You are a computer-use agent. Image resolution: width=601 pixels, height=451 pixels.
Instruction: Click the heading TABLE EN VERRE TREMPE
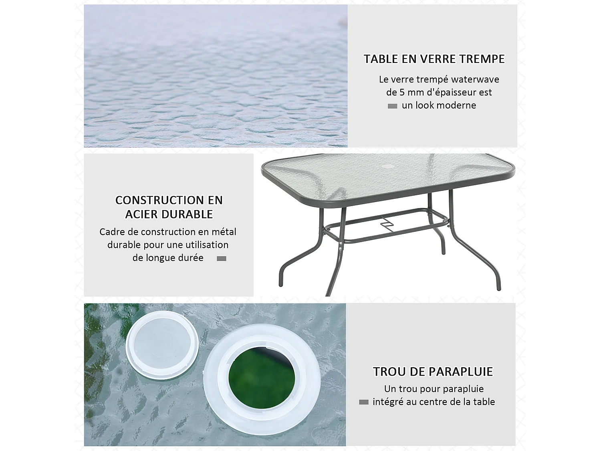pos(434,59)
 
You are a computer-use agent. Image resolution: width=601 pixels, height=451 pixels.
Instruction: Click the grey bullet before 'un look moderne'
pos(393,106)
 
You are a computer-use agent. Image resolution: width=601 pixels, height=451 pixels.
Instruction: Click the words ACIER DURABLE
pos(169,214)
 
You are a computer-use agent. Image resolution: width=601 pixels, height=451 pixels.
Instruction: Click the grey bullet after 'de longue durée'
pos(222,259)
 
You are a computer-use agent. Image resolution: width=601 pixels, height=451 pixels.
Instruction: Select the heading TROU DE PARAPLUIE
pos(433,372)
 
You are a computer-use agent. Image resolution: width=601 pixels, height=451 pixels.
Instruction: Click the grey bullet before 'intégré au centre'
pos(364,402)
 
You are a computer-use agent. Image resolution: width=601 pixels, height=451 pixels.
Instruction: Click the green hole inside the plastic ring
pos(261,378)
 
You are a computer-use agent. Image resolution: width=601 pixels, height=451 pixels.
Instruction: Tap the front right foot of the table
pos(498,288)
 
